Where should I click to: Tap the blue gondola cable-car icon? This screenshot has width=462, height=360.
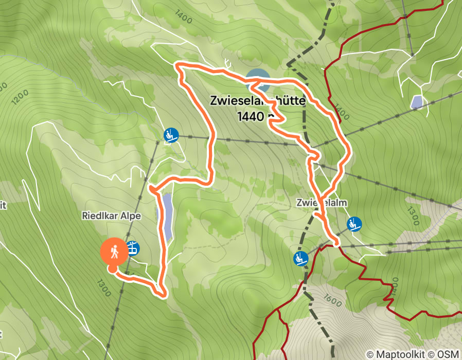point(133,248)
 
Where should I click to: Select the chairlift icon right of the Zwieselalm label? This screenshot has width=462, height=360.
point(354,224)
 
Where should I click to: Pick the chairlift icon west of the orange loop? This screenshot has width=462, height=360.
point(171,135)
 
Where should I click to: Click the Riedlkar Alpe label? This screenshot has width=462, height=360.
point(111,216)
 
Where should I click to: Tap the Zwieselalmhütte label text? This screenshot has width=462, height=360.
point(257,101)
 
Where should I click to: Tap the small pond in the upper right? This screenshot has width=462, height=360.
point(417,102)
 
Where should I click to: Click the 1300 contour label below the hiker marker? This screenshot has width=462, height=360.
point(103,288)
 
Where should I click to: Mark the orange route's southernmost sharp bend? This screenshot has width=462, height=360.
point(162,295)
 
